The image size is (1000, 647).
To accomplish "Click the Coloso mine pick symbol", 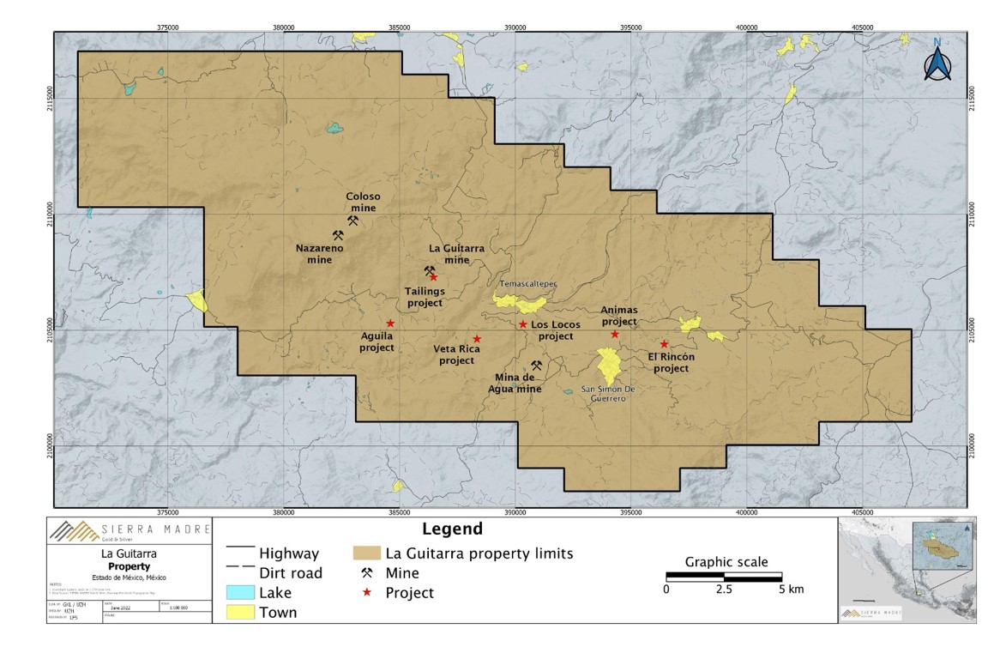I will pos(352,221).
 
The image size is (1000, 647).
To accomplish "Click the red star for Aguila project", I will pos(390,323).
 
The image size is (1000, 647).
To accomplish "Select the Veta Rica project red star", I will pos(477,339).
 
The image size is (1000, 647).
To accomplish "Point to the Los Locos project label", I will pos(555,330).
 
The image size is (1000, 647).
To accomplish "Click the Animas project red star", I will pos(615,334).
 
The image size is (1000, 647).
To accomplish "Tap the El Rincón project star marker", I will pos(664,344).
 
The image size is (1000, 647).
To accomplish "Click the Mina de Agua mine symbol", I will pos(536,365).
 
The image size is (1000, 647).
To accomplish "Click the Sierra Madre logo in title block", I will pos(69,532).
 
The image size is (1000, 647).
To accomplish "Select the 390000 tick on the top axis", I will pos(515,27).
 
